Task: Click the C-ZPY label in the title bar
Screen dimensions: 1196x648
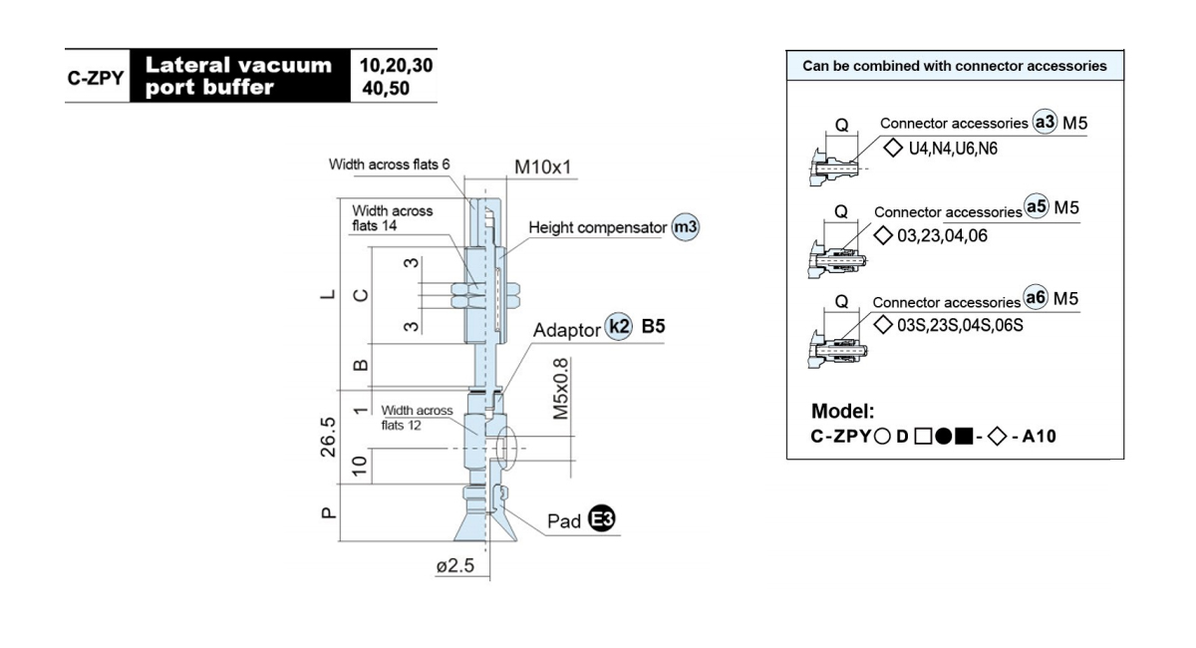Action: click(96, 78)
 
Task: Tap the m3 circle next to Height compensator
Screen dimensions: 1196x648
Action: click(685, 227)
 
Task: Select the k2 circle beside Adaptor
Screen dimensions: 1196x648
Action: click(618, 326)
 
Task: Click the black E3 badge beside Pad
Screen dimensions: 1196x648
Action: click(602, 518)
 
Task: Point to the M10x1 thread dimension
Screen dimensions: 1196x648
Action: click(542, 167)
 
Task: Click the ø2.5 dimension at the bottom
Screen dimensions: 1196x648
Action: click(454, 565)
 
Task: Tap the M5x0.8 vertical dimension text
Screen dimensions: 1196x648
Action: click(560, 389)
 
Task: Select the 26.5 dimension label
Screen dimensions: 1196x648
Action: click(328, 437)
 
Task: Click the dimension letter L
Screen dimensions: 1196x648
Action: click(328, 294)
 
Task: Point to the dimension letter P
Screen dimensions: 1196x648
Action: click(328, 512)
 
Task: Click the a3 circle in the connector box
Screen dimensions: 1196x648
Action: click(1045, 122)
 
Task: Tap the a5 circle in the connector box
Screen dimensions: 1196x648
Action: click(1037, 206)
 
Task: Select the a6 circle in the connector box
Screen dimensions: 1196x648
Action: click(1036, 297)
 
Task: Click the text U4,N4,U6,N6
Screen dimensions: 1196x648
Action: click(953, 149)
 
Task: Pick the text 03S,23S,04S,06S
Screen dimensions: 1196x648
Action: click(960, 325)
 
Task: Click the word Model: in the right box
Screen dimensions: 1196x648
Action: click(842, 411)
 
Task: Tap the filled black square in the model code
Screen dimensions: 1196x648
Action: click(964, 437)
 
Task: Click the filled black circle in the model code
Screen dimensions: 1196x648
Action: click(944, 437)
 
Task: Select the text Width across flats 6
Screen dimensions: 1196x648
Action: click(390, 164)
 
